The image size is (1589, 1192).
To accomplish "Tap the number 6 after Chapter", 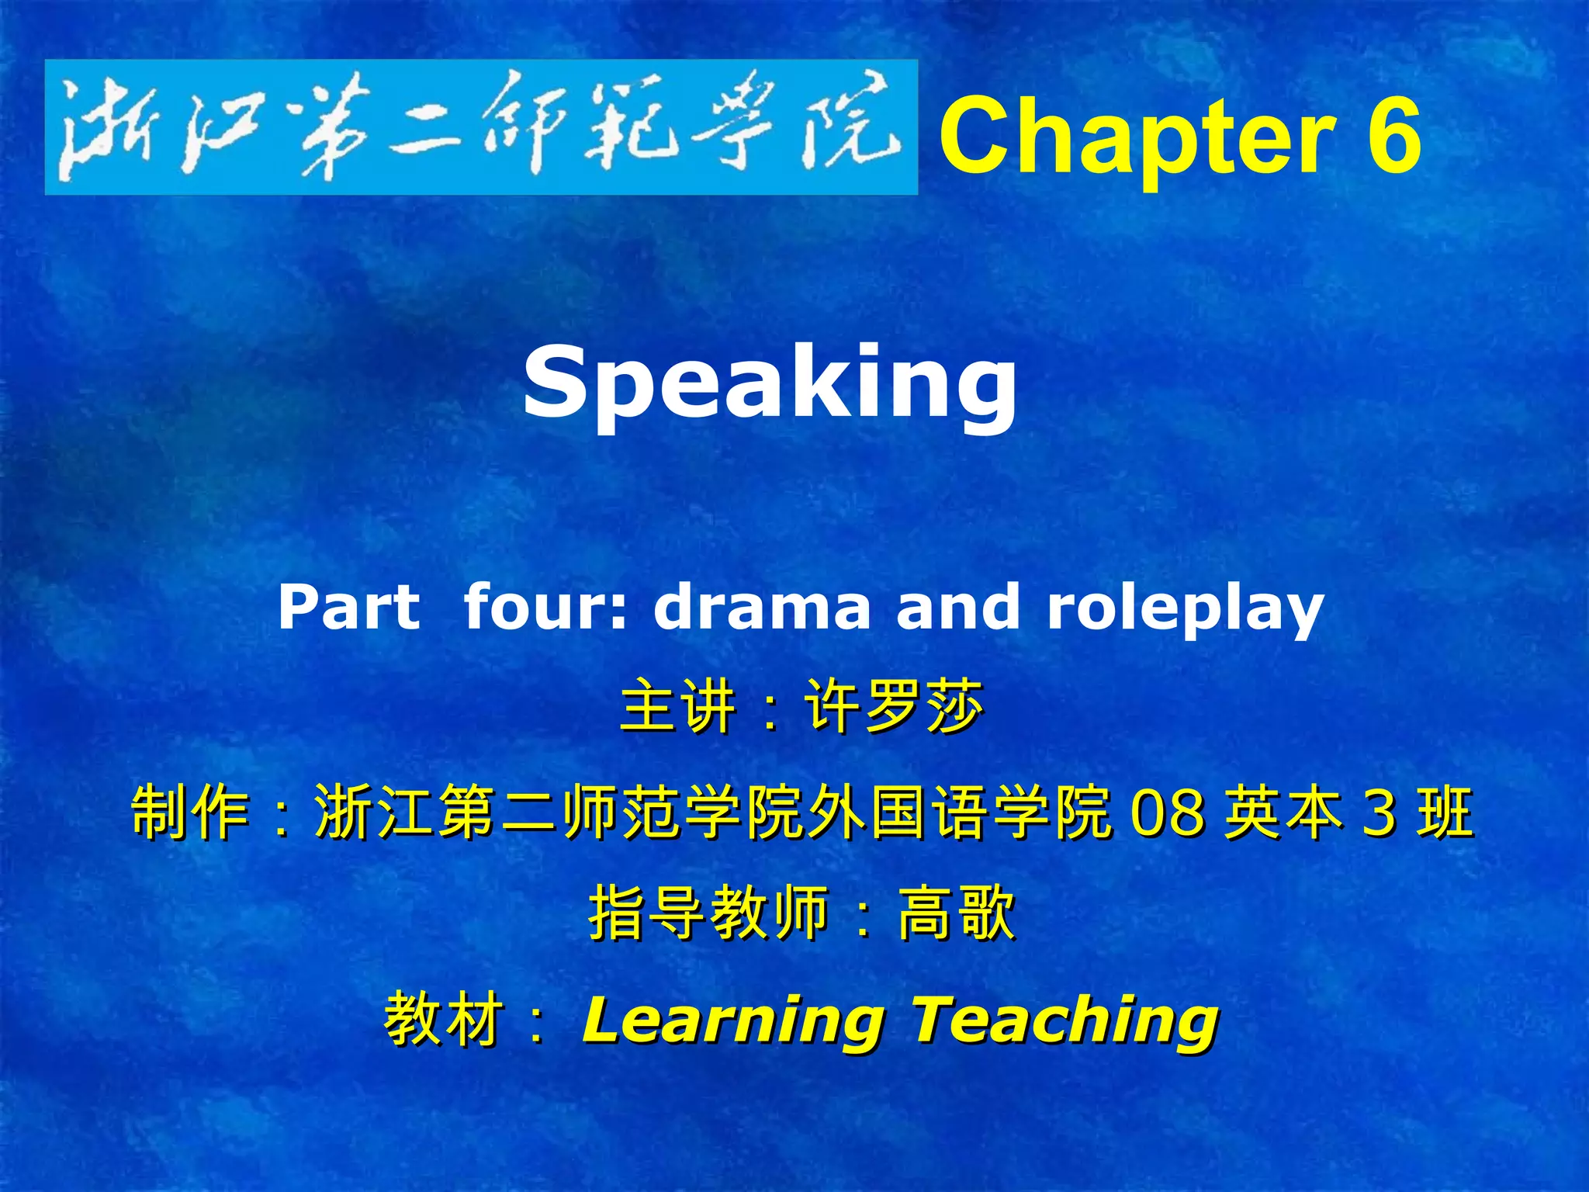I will click(x=1393, y=136).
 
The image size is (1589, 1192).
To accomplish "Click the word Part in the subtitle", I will click(x=349, y=607).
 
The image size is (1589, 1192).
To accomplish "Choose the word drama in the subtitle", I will click(x=762, y=607).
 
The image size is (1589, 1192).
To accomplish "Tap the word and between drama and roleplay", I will click(x=957, y=607).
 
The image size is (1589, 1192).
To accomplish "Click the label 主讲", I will click(x=677, y=706).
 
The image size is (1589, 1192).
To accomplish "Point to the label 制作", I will click(x=190, y=812).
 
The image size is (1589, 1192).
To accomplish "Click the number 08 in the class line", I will click(x=1168, y=812).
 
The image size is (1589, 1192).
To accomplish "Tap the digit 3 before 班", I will click(x=1379, y=812).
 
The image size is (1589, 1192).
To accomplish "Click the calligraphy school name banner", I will click(x=481, y=127).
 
